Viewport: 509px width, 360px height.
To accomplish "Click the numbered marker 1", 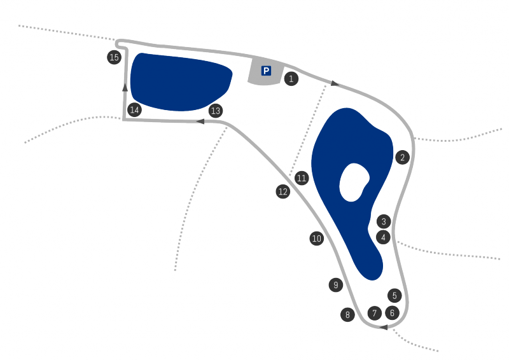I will pyautogui.click(x=291, y=80).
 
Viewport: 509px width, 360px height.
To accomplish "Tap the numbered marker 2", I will pyautogui.click(x=402, y=158).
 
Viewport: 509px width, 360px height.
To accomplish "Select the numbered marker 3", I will pyautogui.click(x=383, y=222).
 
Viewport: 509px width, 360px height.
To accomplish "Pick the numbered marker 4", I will pyautogui.click(x=383, y=237).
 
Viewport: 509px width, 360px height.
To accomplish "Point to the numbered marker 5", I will pyautogui.click(x=394, y=296).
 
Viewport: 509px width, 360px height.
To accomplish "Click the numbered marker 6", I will pyautogui.click(x=392, y=313).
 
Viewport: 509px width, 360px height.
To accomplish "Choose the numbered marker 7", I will pyautogui.click(x=375, y=313).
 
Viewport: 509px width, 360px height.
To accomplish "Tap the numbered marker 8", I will pyautogui.click(x=347, y=314).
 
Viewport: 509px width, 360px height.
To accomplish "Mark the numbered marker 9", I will pyautogui.click(x=335, y=285).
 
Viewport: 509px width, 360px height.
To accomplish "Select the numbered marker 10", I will pyautogui.click(x=317, y=239).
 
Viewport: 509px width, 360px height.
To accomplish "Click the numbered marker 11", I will pyautogui.click(x=302, y=179).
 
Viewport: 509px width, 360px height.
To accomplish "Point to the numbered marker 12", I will pyautogui.click(x=283, y=191).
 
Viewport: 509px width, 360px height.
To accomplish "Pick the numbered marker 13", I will pyautogui.click(x=216, y=111).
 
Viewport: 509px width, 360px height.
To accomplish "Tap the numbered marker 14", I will pyautogui.click(x=134, y=110).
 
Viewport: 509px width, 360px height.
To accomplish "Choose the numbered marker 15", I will pyautogui.click(x=114, y=58).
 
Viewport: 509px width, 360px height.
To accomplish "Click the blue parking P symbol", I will pyautogui.click(x=266, y=71).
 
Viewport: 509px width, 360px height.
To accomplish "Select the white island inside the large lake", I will pyautogui.click(x=354, y=183).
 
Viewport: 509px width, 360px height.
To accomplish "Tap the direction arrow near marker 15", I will pyautogui.click(x=125, y=87).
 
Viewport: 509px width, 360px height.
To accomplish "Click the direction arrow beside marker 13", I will pyautogui.click(x=201, y=121).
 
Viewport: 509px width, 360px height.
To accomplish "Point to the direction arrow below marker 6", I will pyautogui.click(x=384, y=328).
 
